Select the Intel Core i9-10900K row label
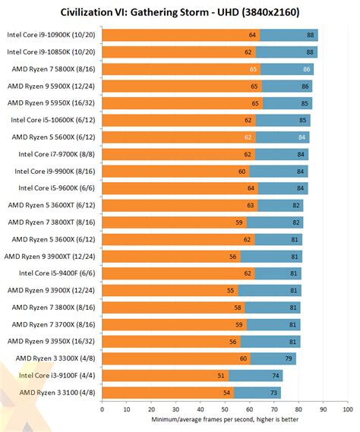click(49, 35)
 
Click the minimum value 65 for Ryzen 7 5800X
click(254, 69)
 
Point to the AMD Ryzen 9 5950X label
click(49, 102)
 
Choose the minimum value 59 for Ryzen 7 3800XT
click(241, 222)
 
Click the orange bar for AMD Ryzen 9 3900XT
click(170, 256)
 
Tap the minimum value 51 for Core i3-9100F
click(222, 375)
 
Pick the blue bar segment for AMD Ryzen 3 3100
click(257, 393)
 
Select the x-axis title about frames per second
click(225, 421)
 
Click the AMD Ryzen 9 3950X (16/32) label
click(49, 341)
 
